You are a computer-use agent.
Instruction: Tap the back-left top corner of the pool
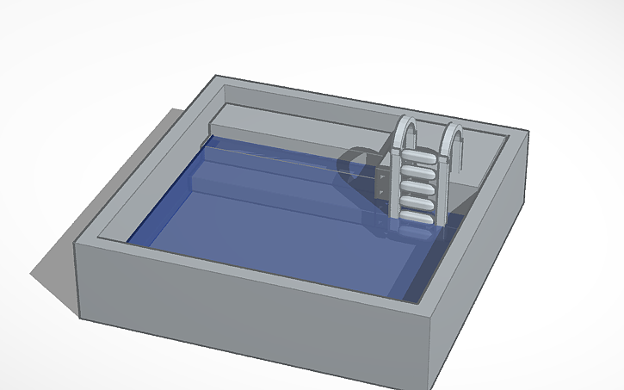point(216,77)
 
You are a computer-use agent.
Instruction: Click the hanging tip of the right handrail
point(462,160)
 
